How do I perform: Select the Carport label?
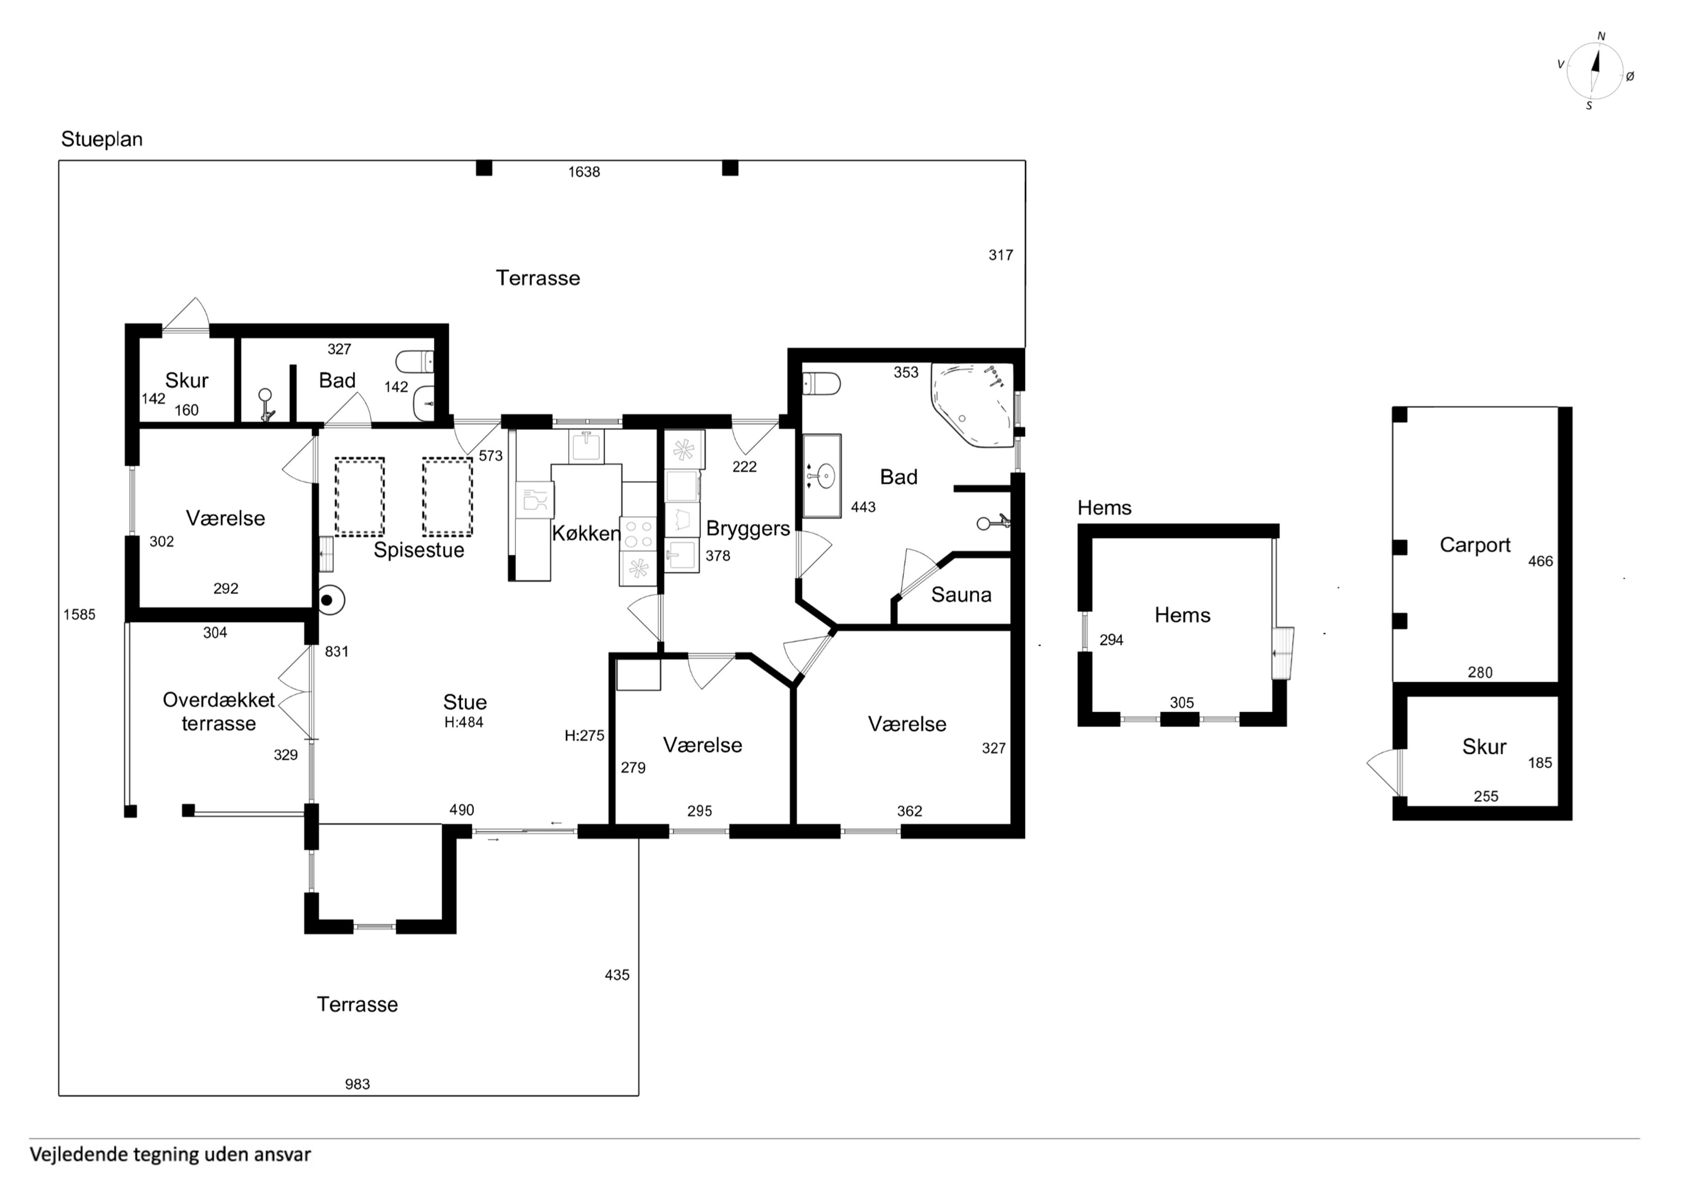coord(1475,545)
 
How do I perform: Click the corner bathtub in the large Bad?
coord(973,405)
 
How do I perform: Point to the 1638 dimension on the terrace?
coord(584,172)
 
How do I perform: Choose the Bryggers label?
coord(748,529)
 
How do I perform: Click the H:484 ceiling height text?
coord(464,722)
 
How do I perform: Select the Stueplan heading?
coord(102,139)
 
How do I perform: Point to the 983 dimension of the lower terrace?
coord(358,1084)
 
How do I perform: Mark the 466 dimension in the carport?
coord(1541,562)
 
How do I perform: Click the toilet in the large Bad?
coord(822,383)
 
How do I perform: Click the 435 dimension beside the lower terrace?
coord(617,975)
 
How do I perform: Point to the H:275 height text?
coord(584,736)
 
